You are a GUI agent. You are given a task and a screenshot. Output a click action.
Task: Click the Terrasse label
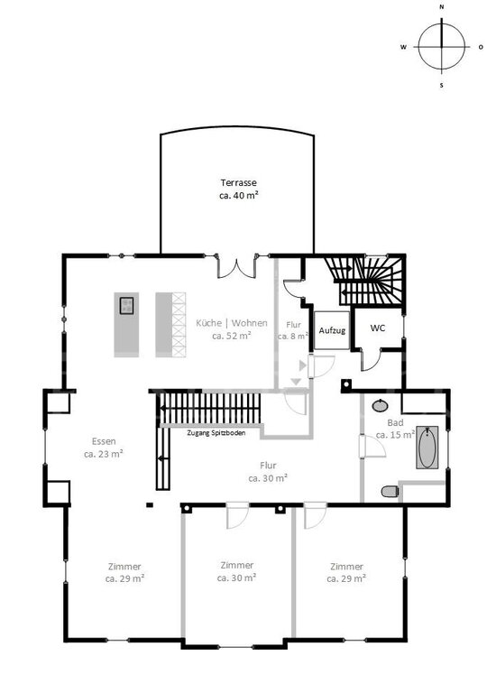point(239,189)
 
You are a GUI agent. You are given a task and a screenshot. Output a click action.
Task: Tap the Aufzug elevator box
point(332,330)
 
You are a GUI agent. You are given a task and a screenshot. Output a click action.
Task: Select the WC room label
point(377,328)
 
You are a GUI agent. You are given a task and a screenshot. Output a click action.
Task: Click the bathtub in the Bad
point(427,448)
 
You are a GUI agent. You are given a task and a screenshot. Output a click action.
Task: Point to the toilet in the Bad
point(390,491)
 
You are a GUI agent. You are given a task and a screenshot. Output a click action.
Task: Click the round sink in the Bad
point(380,405)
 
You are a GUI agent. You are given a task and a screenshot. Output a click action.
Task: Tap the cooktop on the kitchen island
point(126,305)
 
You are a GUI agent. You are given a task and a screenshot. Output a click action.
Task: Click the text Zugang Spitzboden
point(216,433)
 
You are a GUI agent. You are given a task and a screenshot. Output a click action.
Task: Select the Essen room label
point(104,448)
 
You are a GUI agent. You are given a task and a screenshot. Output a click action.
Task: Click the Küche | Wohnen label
point(232,329)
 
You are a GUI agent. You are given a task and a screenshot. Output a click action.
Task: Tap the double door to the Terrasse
point(236,267)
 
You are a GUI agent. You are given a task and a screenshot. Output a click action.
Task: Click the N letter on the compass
point(442,7)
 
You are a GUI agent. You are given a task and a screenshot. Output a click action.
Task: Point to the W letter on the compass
point(403,47)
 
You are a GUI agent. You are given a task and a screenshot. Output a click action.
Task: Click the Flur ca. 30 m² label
point(268,472)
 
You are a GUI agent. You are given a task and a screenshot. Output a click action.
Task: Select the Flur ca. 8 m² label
point(293,330)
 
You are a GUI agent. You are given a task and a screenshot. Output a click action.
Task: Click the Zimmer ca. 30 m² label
point(237,571)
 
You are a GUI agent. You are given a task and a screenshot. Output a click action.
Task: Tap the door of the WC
point(372,359)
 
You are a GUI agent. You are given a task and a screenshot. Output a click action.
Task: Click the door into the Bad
point(372,447)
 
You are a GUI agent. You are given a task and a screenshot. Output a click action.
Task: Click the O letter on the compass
point(481,47)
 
